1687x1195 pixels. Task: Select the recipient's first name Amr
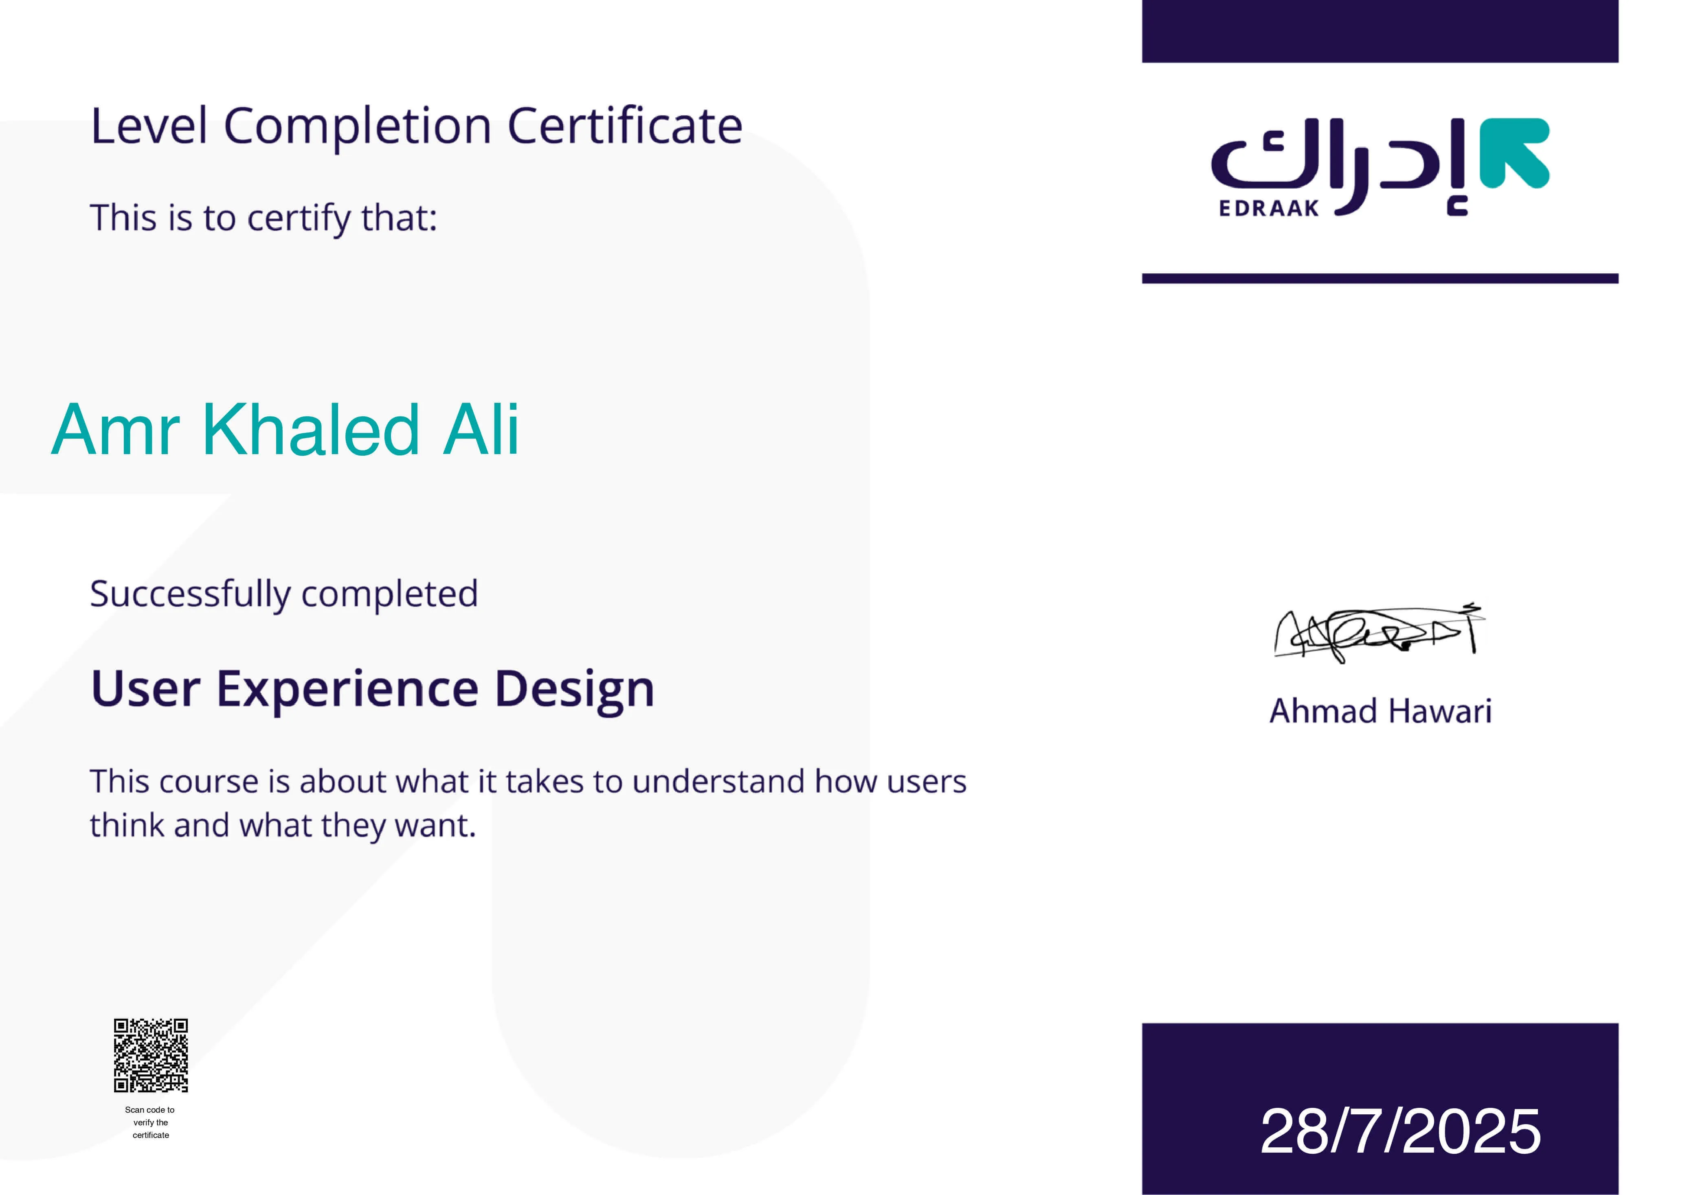point(116,431)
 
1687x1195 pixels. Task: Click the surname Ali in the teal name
point(481,431)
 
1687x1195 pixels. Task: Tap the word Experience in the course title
point(347,690)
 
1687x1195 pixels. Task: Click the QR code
point(151,1055)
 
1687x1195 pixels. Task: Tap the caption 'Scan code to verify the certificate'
point(151,1122)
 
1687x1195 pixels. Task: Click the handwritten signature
point(1378,633)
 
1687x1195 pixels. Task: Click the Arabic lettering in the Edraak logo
point(1339,165)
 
